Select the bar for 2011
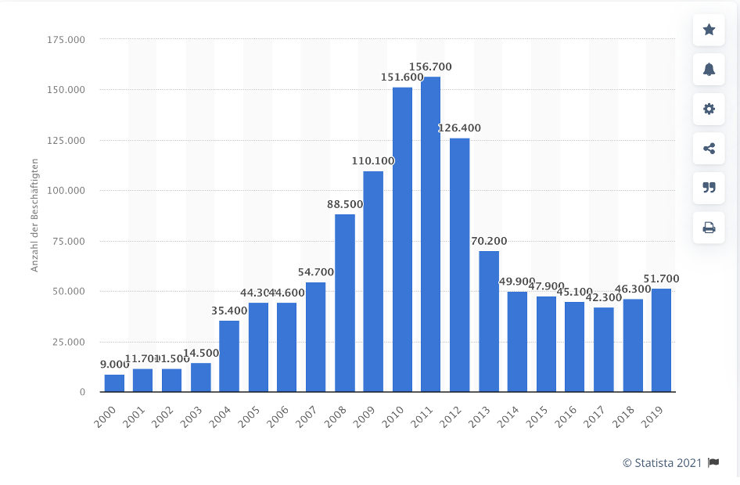pyautogui.click(x=430, y=234)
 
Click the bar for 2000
pyautogui.click(x=114, y=383)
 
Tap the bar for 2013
pyautogui.click(x=489, y=321)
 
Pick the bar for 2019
pyautogui.click(x=661, y=340)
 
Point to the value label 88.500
pyautogui.click(x=345, y=204)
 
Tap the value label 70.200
pyautogui.click(x=489, y=241)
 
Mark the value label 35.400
pyautogui.click(x=229, y=311)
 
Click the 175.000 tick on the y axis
pyautogui.click(x=66, y=39)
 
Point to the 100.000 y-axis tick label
pyautogui.click(x=66, y=191)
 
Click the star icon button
pyautogui.click(x=709, y=30)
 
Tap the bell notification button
pyautogui.click(x=709, y=70)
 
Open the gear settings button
pyautogui.click(x=709, y=109)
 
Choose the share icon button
pyautogui.click(x=709, y=149)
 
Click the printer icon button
pyautogui.click(x=709, y=228)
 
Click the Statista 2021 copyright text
pyautogui.click(x=662, y=463)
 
